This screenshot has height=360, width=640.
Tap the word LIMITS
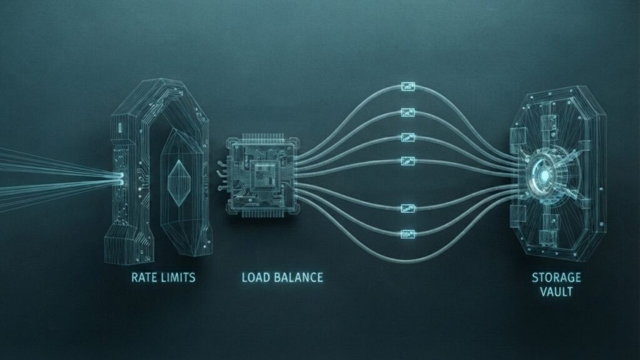pos(178,277)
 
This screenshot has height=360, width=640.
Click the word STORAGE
pos(556,277)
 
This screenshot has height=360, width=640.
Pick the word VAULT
pos(556,292)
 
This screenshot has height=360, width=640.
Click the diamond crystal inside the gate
pos(179,182)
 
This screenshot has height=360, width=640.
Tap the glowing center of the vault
pos(544,176)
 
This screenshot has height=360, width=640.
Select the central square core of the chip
pos(263,176)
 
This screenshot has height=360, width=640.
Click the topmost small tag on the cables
pos(407,86)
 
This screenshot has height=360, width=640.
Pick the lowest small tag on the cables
pos(407,234)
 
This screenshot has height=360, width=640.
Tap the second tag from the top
pos(407,112)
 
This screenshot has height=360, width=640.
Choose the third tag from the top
pos(407,137)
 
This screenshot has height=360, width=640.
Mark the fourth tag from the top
pos(407,161)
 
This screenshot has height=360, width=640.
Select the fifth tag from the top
pos(407,209)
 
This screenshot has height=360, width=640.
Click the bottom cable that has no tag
pos(408,259)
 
